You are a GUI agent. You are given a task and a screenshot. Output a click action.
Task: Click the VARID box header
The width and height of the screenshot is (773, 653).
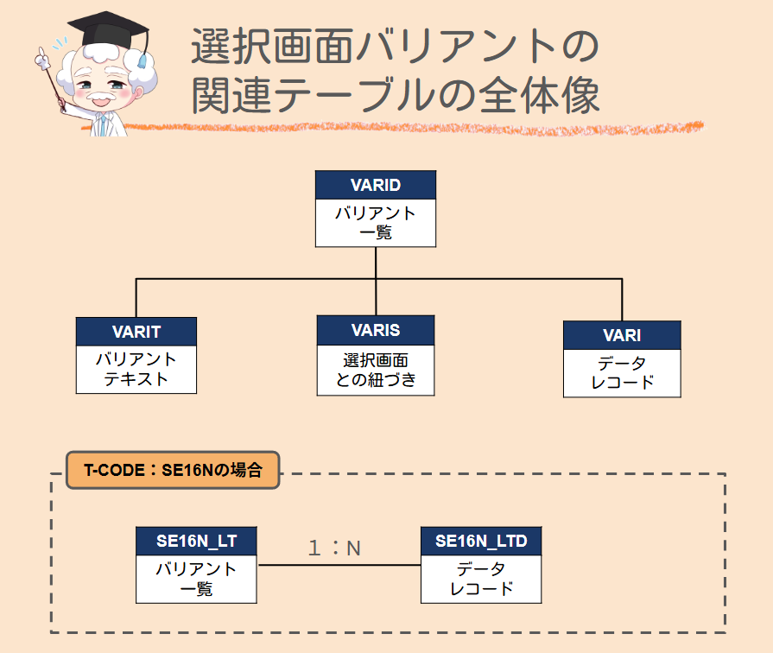pos(375,185)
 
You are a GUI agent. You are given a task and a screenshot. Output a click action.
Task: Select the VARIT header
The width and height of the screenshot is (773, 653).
pos(136,332)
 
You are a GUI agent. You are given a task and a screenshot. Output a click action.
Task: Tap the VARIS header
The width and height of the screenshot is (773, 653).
pos(375,330)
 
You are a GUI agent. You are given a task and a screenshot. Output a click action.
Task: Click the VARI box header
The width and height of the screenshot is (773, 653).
pos(621,335)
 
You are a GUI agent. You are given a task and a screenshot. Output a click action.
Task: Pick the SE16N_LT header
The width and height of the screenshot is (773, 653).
pos(196,542)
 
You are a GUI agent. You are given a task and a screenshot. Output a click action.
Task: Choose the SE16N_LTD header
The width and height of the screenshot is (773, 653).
pos(481,542)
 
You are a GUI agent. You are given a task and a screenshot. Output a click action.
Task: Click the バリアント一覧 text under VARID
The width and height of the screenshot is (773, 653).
pos(375,222)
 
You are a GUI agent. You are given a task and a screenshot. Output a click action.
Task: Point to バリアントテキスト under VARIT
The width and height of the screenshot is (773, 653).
pos(136,369)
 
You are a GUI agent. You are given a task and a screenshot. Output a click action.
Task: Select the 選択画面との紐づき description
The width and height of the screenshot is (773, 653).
pos(375,370)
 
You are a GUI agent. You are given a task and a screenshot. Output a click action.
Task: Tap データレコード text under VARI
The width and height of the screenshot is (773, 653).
pos(621,373)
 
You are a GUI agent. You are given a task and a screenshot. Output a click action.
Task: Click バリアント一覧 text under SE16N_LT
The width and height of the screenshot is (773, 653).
pos(196,579)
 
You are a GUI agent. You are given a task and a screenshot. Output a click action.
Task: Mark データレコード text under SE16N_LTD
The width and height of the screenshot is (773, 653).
pos(481,579)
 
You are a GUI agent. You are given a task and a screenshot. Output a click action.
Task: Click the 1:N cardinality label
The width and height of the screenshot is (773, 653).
pos(334,548)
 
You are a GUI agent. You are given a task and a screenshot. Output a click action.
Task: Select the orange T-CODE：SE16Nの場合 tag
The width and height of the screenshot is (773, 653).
pos(173,470)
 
